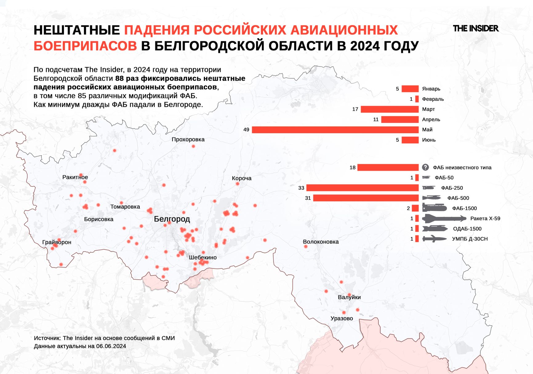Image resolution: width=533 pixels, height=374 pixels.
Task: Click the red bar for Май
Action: [335, 130]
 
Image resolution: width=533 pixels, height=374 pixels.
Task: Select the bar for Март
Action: [390, 109]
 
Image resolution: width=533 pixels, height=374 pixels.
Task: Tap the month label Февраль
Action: [433, 99]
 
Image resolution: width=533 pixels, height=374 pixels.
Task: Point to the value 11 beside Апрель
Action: [376, 120]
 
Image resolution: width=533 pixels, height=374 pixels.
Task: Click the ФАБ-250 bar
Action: [363, 188]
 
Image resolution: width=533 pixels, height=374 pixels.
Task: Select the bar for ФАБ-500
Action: [366, 198]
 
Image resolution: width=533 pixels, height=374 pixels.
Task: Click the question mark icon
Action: [425, 167]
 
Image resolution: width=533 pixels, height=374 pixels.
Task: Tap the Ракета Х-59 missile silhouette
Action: [444, 219]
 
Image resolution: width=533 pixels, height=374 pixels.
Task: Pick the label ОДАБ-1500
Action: [467, 229]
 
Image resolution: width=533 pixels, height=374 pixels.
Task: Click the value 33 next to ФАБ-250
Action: [301, 188]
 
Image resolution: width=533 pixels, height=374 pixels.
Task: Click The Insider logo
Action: [475, 29]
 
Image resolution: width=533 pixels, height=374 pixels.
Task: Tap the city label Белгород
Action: [172, 219]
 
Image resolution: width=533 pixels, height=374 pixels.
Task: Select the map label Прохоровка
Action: [188, 139]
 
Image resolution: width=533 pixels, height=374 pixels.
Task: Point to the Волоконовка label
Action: [321, 242]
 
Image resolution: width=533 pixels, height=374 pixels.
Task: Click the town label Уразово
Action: [342, 318]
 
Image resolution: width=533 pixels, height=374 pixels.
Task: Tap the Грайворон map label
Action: [57, 242]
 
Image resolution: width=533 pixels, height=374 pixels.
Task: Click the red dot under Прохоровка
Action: [193, 146]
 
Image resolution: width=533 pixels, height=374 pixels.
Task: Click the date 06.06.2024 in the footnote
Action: [111, 346]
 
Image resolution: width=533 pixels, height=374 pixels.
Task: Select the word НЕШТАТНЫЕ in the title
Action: [77, 30]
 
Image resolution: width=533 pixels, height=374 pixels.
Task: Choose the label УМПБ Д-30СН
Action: [470, 239]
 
